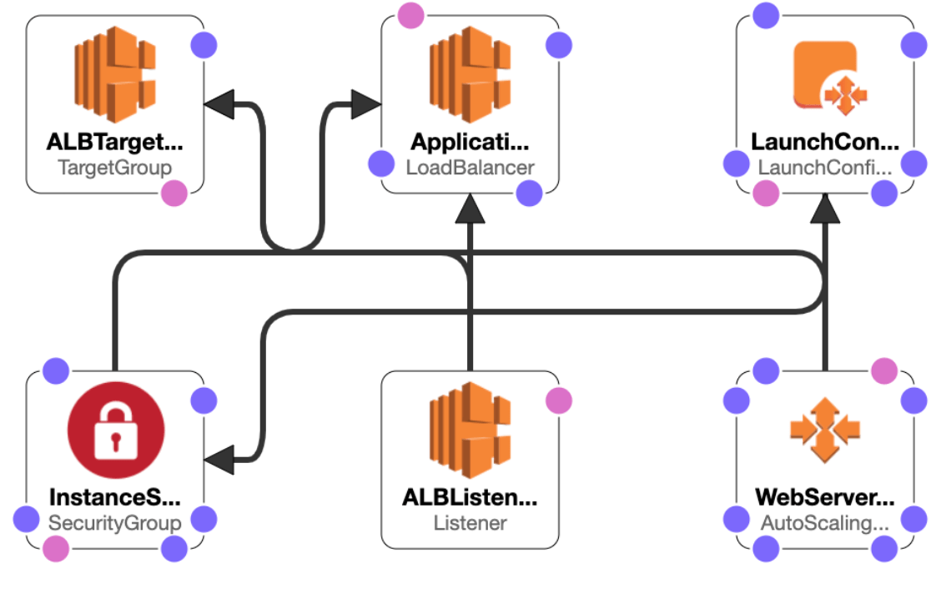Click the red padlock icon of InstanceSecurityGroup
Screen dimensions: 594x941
(x=115, y=431)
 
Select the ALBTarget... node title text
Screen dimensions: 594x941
(x=115, y=142)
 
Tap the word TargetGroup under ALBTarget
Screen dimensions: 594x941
(x=115, y=167)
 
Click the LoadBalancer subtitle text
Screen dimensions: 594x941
(x=470, y=167)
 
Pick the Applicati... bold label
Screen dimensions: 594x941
(x=470, y=142)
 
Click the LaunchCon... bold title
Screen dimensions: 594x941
(x=825, y=142)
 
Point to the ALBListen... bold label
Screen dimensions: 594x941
(x=470, y=498)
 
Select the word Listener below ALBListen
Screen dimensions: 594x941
(x=470, y=523)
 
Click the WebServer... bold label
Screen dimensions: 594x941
(x=825, y=498)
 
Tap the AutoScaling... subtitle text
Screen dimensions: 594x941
(x=825, y=523)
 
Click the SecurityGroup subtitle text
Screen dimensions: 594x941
(x=115, y=523)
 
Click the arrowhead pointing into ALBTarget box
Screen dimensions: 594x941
(x=219, y=104)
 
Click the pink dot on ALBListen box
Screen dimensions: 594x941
(x=559, y=400)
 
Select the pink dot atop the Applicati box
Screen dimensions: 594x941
(x=410, y=15)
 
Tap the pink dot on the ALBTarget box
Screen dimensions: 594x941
(x=174, y=194)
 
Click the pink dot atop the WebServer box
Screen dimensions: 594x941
(x=883, y=370)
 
